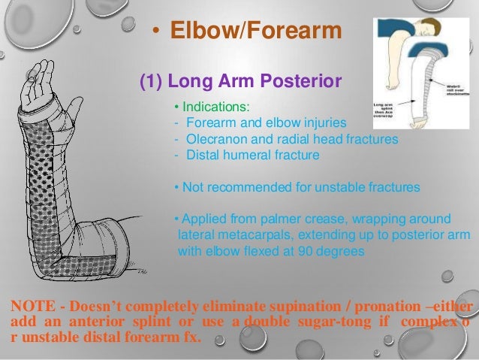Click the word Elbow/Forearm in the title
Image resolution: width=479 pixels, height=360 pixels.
[x=256, y=32]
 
